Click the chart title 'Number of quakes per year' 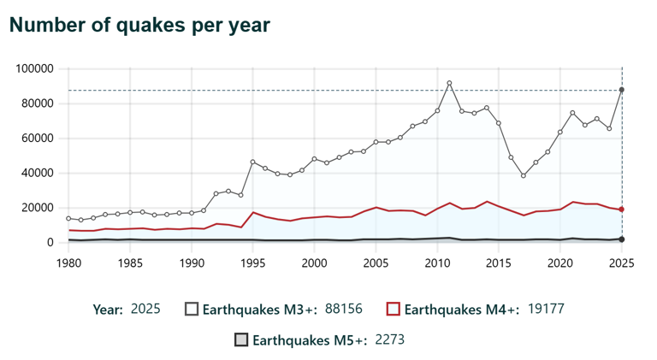click(x=139, y=26)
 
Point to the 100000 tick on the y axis click(x=36, y=68)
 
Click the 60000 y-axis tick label click(x=38, y=139)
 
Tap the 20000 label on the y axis click(x=38, y=208)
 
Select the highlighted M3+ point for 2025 click(x=622, y=90)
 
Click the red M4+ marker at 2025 click(x=622, y=210)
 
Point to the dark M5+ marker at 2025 click(x=622, y=239)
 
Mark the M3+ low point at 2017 click(x=524, y=175)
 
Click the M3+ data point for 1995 click(x=252, y=162)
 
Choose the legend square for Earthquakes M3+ click(x=192, y=309)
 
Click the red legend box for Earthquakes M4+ click(x=394, y=309)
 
